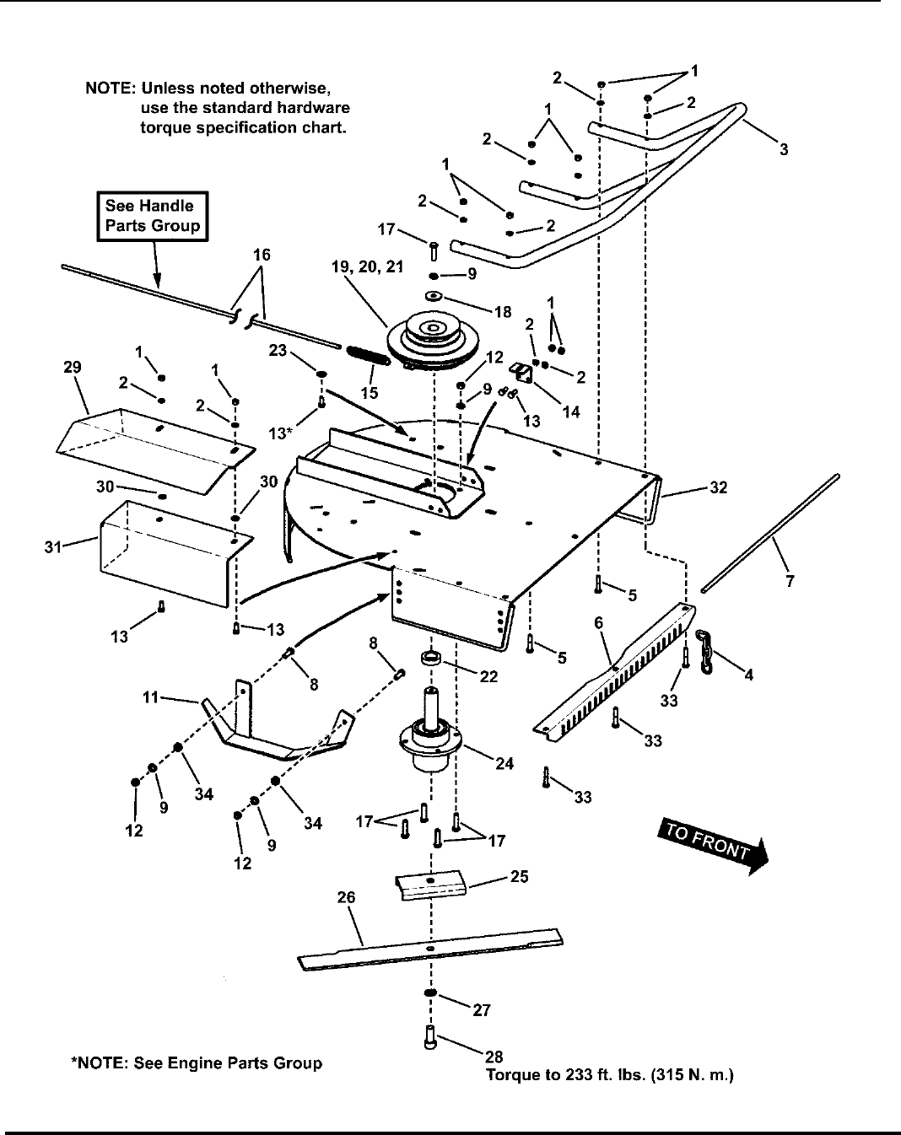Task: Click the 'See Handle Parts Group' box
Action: [153, 216]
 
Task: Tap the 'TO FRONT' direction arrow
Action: [713, 845]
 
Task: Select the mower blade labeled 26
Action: [430, 949]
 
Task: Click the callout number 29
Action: [73, 368]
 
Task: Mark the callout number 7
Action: [790, 581]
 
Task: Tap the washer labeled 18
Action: [434, 296]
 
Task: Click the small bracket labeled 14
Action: [521, 371]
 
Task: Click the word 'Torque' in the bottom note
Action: [510, 1075]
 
